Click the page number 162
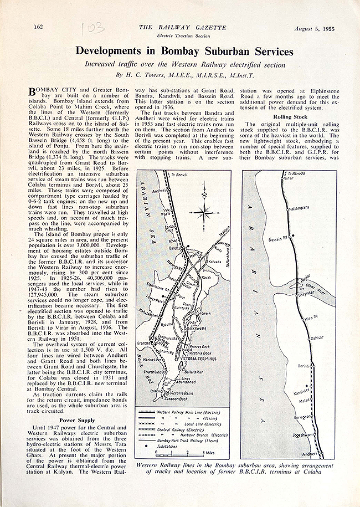tap(39, 26)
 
